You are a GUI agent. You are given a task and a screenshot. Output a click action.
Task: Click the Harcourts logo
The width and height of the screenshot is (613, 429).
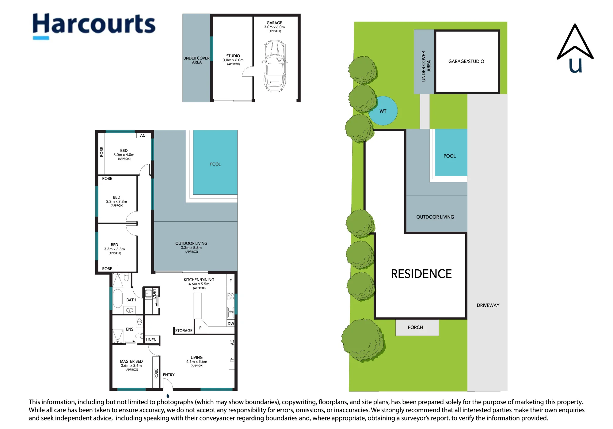point(94,26)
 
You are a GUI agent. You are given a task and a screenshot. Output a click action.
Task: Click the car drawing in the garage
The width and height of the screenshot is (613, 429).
point(275,66)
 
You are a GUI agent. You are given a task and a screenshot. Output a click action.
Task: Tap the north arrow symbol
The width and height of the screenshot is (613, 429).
point(575,48)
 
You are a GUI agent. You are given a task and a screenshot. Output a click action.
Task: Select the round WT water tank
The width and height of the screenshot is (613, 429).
point(383,111)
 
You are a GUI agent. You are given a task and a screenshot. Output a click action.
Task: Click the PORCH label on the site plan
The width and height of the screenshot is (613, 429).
point(415,328)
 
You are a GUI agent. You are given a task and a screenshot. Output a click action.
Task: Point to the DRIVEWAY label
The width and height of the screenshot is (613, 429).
point(488,306)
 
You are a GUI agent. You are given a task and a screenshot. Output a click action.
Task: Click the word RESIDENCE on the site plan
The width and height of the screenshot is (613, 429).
point(421,274)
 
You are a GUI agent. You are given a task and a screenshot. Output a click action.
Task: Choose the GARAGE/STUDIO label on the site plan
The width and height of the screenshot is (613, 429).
point(466,62)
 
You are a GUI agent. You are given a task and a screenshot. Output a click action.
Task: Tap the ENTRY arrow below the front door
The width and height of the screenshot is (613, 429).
point(168,396)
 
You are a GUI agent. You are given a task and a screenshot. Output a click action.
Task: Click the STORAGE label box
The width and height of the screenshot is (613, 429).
point(184,331)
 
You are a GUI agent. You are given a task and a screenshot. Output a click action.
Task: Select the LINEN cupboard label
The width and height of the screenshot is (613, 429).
point(151,340)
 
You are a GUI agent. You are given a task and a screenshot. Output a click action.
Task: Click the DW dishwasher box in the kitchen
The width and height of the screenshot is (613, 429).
point(231,324)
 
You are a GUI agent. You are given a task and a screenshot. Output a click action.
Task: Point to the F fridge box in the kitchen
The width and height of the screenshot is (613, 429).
point(230,281)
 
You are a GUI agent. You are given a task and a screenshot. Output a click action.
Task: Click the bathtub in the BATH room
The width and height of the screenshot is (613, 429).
point(118,298)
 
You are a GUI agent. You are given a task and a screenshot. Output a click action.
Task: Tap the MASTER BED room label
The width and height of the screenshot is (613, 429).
point(131,362)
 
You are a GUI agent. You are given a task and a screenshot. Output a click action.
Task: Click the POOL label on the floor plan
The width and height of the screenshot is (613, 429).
point(215,164)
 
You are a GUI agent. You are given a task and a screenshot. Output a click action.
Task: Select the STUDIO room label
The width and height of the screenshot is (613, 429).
point(233,56)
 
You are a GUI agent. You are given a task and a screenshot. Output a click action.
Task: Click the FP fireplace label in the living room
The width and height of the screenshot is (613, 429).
point(232,360)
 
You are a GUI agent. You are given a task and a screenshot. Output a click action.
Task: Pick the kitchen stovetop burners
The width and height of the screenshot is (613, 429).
point(230,296)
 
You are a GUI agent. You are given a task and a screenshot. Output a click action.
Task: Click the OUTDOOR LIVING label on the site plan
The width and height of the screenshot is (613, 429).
point(435,217)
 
